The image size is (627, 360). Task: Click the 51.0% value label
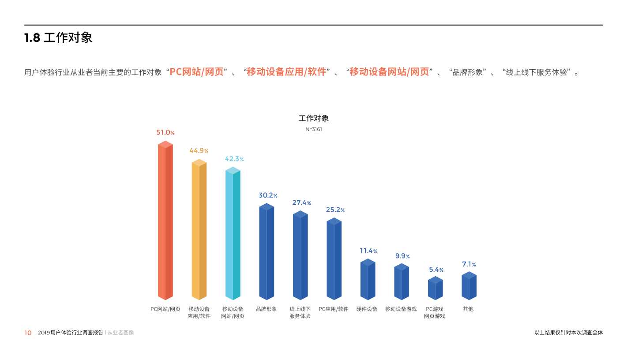pyautogui.click(x=165, y=132)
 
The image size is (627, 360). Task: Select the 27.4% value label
pyautogui.click(x=301, y=203)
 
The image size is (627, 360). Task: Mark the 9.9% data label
pyautogui.click(x=402, y=256)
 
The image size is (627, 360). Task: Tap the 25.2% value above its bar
pyautogui.click(x=335, y=210)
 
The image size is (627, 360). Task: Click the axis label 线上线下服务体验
pyautogui.click(x=300, y=312)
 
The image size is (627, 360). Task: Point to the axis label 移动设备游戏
pyautogui.click(x=401, y=309)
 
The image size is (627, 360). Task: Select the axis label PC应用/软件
pyautogui.click(x=334, y=309)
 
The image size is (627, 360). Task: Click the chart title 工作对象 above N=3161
pyautogui.click(x=314, y=118)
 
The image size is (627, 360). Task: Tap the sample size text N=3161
pyautogui.click(x=314, y=129)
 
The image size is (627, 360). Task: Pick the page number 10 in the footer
pyautogui.click(x=28, y=333)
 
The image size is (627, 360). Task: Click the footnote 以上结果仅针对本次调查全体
pyautogui.click(x=568, y=333)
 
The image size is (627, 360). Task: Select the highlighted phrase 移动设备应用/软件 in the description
pyautogui.click(x=286, y=72)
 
